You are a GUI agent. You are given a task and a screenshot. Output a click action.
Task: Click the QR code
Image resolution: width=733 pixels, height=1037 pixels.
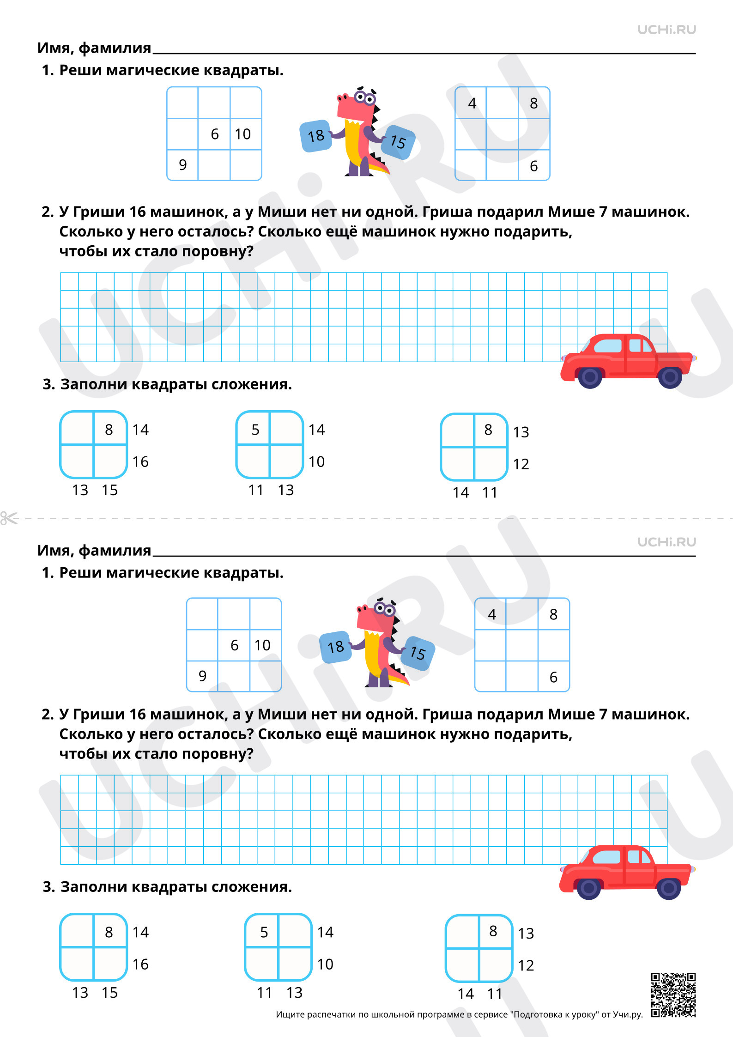pyautogui.click(x=673, y=995)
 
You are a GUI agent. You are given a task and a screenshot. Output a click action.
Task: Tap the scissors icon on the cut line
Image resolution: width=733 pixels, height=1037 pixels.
pyautogui.click(x=9, y=518)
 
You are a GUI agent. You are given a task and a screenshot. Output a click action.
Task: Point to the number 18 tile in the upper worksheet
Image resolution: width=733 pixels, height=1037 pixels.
pyautogui.click(x=316, y=136)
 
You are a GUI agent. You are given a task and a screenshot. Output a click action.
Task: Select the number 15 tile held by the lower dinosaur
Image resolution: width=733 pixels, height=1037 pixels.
pyautogui.click(x=418, y=653)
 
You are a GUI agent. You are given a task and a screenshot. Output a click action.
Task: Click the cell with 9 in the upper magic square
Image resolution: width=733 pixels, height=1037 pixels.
pyautogui.click(x=182, y=165)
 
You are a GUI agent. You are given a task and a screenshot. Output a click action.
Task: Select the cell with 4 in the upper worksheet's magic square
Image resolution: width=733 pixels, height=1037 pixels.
pyautogui.click(x=471, y=103)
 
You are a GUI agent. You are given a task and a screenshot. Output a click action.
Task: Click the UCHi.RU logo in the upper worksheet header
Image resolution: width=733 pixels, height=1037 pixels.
pyautogui.click(x=666, y=30)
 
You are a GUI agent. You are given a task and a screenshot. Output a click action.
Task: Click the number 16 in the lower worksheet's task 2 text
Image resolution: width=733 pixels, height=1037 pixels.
pyautogui.click(x=138, y=714)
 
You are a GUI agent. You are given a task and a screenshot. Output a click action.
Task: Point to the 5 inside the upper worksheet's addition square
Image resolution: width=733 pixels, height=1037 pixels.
pyautogui.click(x=255, y=430)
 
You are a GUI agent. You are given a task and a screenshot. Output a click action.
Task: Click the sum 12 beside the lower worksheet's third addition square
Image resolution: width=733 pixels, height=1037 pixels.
pyautogui.click(x=526, y=965)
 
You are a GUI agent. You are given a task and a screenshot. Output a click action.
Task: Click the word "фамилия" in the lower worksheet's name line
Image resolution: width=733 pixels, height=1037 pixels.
pyautogui.click(x=115, y=551)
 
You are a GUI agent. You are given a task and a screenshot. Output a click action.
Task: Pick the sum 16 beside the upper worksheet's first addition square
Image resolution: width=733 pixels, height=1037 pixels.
pyautogui.click(x=140, y=461)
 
